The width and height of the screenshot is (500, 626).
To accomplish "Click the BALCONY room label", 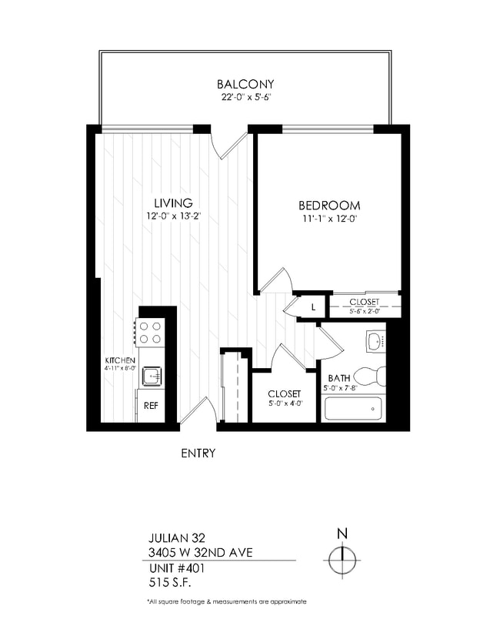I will (x=245, y=84).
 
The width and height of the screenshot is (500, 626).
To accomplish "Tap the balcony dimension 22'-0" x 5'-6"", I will (x=245, y=97).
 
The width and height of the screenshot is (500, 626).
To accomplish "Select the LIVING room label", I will (x=172, y=203).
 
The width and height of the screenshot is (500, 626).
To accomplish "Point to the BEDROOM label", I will (x=329, y=206).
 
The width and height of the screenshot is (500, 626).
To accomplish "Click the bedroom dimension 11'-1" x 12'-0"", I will (x=329, y=219).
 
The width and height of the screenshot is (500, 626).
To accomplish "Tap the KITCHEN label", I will (x=121, y=360).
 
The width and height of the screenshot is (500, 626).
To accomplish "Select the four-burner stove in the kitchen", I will (x=151, y=332).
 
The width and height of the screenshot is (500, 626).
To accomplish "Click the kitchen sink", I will (x=152, y=376).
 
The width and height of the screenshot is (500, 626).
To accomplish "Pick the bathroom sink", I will (x=375, y=340).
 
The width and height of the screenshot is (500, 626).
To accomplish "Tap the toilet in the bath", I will (x=373, y=377).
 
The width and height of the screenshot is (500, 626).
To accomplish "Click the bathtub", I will (x=353, y=407).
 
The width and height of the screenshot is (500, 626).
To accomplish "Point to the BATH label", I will (x=339, y=378).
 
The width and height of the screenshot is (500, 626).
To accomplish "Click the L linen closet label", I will (x=313, y=308).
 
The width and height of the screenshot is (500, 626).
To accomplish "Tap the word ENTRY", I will (x=198, y=454).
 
